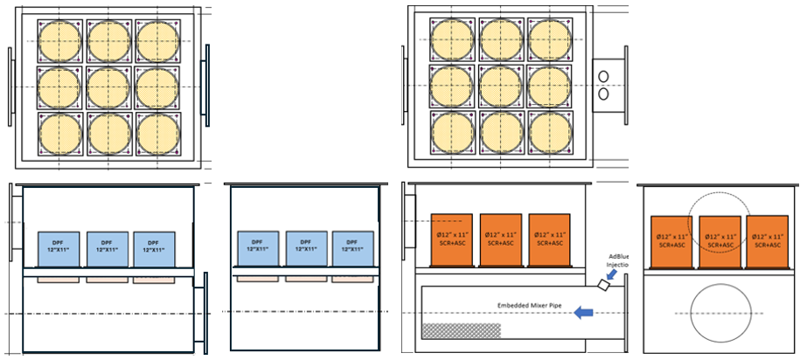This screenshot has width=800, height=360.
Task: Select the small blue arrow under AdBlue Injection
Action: pos(616,276)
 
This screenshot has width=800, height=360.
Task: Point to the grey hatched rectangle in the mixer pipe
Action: pos(462,331)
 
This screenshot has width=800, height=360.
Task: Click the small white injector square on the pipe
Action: pos(604,285)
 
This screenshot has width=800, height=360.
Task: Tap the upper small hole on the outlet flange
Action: pos(604,75)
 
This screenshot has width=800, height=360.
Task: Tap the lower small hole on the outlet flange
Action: pos(604,92)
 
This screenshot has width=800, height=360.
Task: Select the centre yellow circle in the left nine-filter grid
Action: pos(109,87)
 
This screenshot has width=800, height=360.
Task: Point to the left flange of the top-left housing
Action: pos(11,87)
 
